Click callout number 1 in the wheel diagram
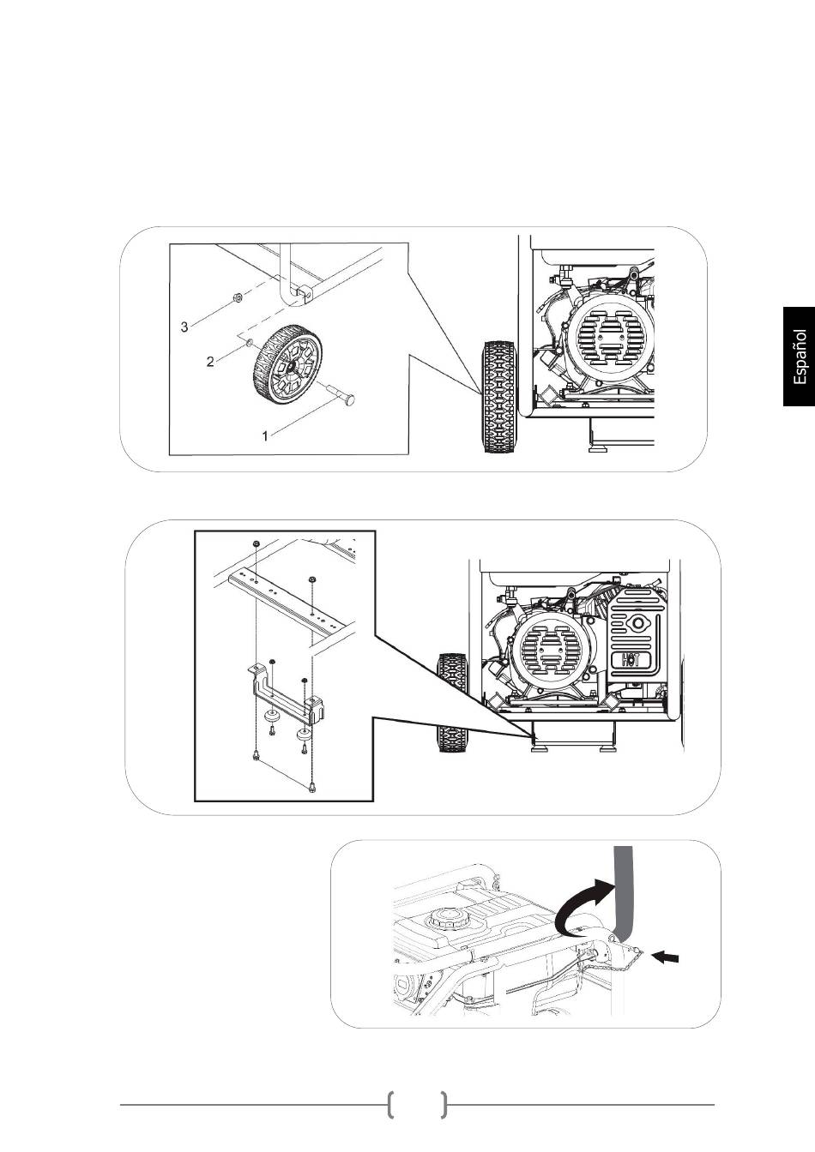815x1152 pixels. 266,435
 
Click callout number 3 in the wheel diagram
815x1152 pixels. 184,327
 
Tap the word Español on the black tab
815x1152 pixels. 800,356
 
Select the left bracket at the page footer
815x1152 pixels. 391,1105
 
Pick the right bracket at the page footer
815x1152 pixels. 443,1105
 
